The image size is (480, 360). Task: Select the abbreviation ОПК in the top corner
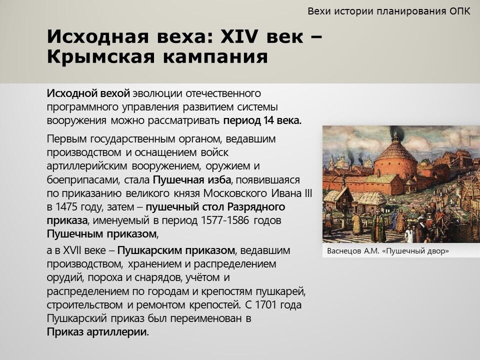pos(460,11)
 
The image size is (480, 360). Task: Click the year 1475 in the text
pos(66,207)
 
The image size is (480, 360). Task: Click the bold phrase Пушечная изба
pos(192,179)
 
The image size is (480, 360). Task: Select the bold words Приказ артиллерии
pos(97,332)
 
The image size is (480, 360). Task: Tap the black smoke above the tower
pos(396,132)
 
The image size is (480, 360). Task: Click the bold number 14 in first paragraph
pos(268,120)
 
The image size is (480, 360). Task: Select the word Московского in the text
pos(235,193)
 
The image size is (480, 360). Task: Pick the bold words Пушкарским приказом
pos(176,250)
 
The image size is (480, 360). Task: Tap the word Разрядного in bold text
pos(256,207)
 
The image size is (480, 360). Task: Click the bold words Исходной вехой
pos(88,93)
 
